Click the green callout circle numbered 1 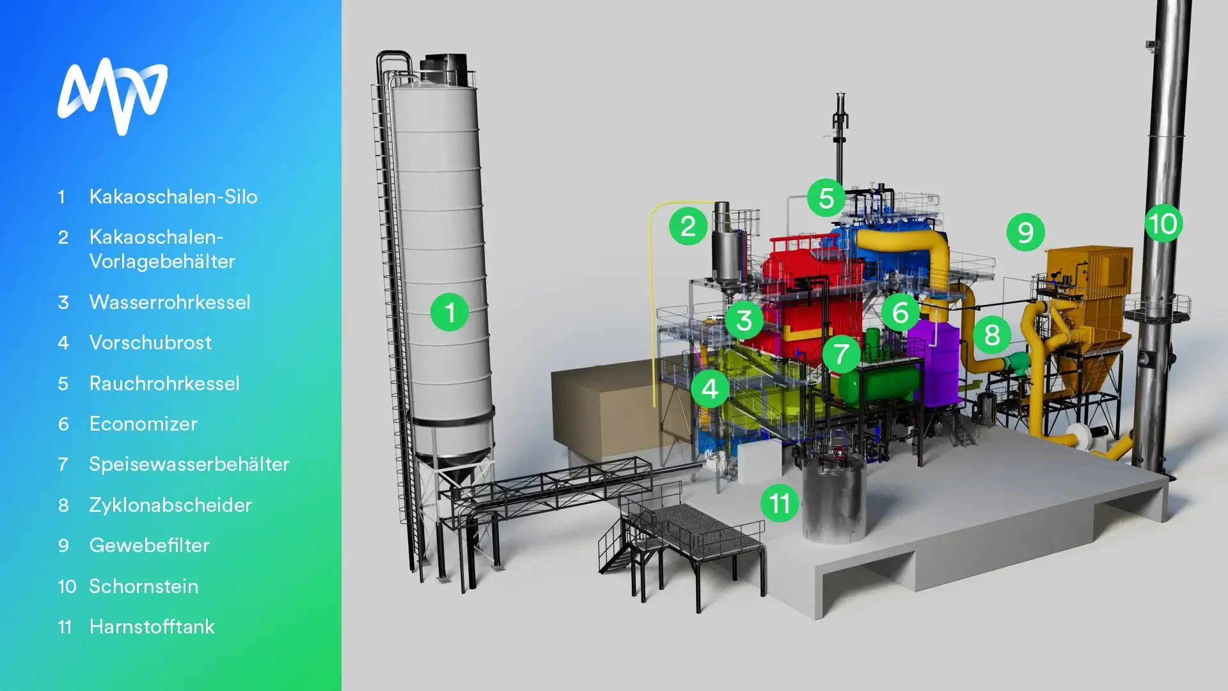450,312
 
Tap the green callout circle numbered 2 688,226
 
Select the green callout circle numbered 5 826,198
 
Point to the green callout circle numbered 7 841,354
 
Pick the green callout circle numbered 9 1025,232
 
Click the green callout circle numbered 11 780,503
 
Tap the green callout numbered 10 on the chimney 1163,223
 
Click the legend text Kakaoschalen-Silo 173,196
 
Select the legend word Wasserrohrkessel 169,302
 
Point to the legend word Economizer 143,424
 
